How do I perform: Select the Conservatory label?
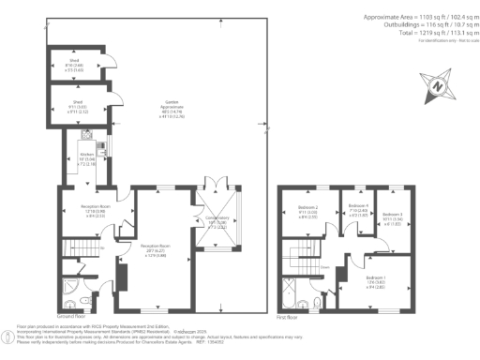[217, 224]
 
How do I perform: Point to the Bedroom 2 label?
[307, 210]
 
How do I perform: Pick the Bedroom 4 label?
[357, 209]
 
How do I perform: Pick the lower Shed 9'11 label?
[79, 106]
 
